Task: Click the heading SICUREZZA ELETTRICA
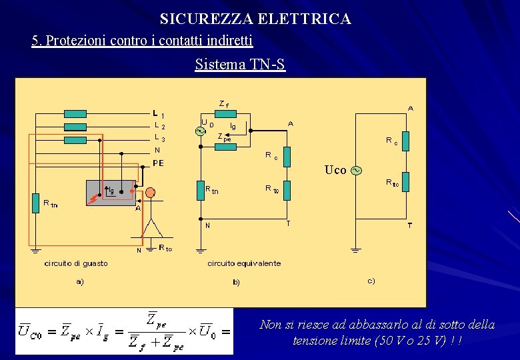[255, 19]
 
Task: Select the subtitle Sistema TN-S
[240, 65]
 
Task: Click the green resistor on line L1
[75, 113]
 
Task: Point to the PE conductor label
[159, 163]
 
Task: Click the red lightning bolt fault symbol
[93, 199]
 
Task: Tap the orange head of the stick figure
[150, 193]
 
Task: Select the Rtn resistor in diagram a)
[35, 203]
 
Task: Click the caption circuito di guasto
[76, 263]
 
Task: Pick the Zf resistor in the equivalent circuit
[227, 113]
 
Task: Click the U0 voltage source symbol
[199, 131]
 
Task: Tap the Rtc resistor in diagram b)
[286, 191]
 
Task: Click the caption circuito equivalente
[244, 263]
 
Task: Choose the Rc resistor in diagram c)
[405, 141]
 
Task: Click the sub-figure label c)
[371, 281]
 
